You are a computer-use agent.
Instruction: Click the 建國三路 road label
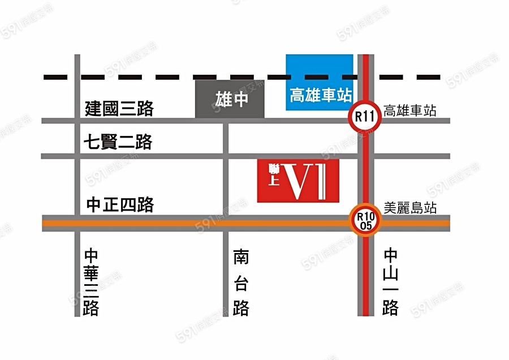(119, 108)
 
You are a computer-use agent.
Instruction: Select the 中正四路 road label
(120, 204)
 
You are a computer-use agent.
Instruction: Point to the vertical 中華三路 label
(91, 282)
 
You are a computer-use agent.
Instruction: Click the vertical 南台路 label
(241, 282)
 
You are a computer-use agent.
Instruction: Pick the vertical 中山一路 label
(391, 282)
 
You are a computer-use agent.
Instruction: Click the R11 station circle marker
(365, 118)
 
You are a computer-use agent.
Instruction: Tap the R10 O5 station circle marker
(365, 220)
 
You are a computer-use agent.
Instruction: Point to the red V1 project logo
(298, 181)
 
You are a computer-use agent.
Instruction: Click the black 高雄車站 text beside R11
(410, 111)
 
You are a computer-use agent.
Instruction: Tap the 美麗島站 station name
(410, 208)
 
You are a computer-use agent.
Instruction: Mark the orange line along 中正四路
(170, 223)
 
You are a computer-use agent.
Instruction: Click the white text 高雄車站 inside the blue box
(320, 95)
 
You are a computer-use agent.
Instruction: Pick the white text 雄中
(232, 100)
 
